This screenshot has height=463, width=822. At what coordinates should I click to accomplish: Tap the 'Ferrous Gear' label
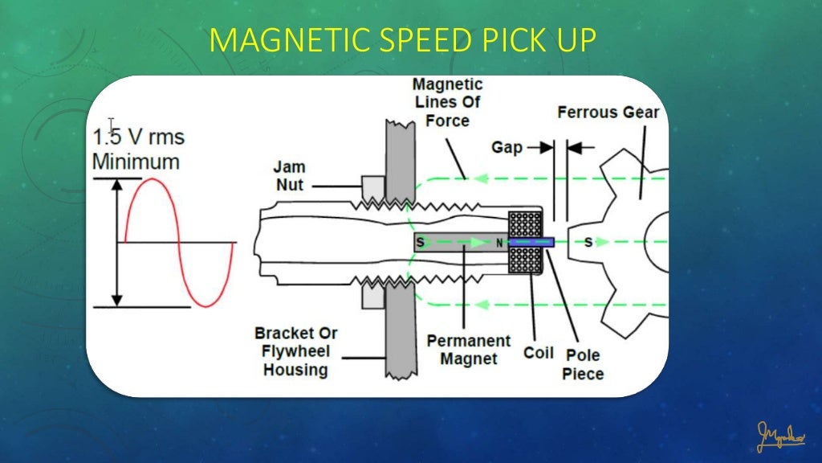[x=608, y=112]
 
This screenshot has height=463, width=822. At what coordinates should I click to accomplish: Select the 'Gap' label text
[x=507, y=147]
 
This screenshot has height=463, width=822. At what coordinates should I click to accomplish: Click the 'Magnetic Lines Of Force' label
[x=447, y=102]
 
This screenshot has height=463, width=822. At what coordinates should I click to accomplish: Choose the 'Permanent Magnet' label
[x=469, y=350]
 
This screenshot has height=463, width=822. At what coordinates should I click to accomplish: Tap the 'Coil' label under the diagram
[x=539, y=353]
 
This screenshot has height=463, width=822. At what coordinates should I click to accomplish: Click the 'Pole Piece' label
[x=582, y=364]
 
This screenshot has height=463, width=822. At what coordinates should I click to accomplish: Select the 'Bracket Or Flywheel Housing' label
[x=295, y=351]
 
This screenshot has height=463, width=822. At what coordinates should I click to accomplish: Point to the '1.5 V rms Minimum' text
[x=136, y=148]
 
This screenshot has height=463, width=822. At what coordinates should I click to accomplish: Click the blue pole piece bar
[x=531, y=241]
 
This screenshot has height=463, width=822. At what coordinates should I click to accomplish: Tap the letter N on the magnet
[x=498, y=242]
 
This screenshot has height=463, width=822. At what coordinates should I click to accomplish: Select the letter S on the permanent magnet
[x=420, y=242]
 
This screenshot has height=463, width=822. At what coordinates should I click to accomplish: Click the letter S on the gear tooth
[x=588, y=242]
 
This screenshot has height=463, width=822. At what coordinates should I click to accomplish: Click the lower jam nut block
[x=373, y=297]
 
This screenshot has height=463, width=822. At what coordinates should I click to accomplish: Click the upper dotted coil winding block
[x=527, y=224]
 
